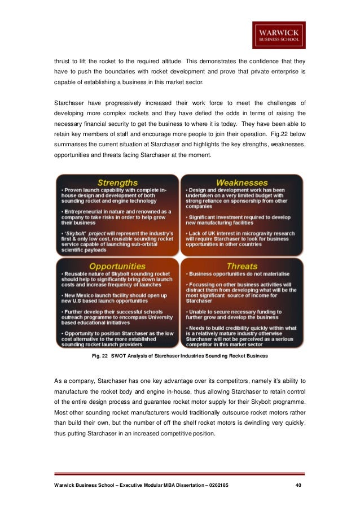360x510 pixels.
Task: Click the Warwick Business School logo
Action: [279, 35]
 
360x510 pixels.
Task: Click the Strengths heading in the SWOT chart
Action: [117, 182]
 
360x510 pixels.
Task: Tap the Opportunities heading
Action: [117, 265]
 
